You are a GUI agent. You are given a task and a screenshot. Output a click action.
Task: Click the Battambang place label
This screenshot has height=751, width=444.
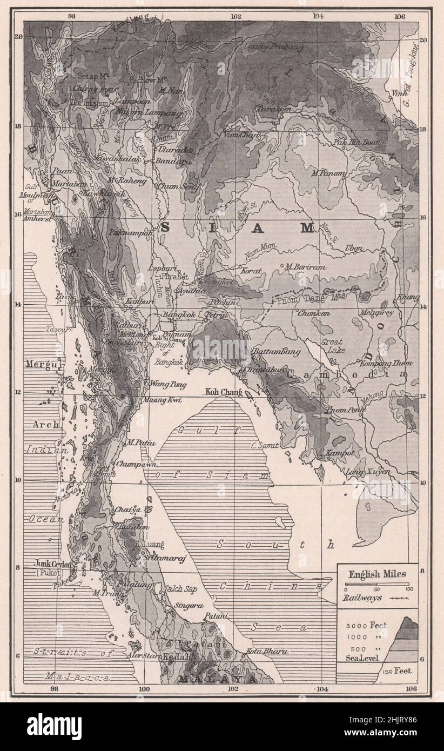click(x=277, y=352)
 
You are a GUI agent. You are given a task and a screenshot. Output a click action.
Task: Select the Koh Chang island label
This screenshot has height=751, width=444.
click(x=223, y=392)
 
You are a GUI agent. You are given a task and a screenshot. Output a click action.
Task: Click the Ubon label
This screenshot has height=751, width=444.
click(x=354, y=248)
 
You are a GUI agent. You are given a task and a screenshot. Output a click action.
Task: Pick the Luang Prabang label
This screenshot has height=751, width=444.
click(x=274, y=47)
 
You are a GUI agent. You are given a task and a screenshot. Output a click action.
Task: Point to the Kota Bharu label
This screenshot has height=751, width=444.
click(x=267, y=652)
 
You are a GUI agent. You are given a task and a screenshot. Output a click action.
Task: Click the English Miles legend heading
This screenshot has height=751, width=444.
click(x=378, y=574)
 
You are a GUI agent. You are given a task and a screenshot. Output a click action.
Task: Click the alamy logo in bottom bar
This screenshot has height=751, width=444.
click(x=54, y=726)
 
